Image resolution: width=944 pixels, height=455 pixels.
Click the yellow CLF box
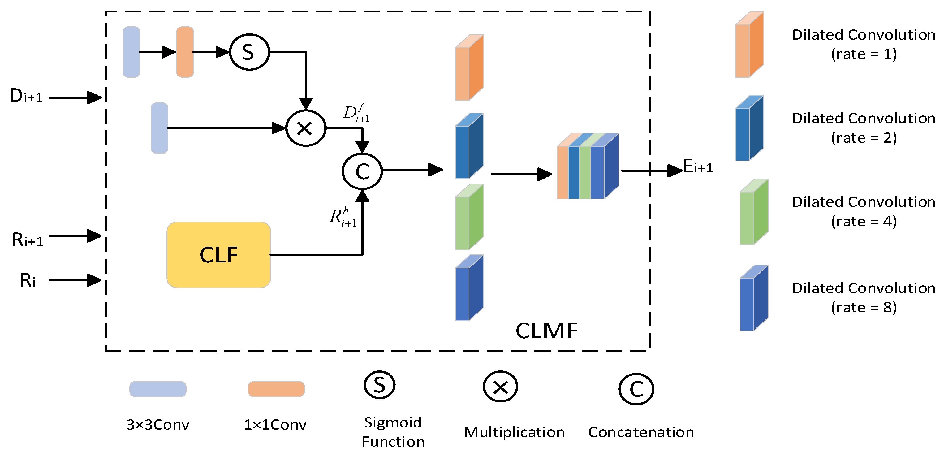click(x=218, y=254)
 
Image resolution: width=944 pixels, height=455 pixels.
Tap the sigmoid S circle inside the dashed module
click(x=249, y=52)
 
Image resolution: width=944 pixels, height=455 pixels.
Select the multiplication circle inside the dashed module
click(x=305, y=128)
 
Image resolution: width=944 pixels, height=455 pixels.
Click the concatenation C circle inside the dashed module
click(x=362, y=171)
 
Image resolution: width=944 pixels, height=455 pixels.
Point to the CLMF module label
click(x=546, y=331)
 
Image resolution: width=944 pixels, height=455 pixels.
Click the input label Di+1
click(x=26, y=96)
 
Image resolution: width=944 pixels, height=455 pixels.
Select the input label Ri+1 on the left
click(x=28, y=240)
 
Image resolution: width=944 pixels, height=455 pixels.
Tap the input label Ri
click(x=28, y=280)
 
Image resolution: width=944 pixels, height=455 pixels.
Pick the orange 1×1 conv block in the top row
click(x=185, y=52)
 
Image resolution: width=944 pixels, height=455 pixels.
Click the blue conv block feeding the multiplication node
click(x=159, y=128)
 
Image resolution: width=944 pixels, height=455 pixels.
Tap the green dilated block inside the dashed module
click(x=469, y=217)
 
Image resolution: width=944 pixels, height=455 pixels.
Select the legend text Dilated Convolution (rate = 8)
click(x=863, y=297)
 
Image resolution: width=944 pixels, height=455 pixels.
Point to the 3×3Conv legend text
click(x=157, y=425)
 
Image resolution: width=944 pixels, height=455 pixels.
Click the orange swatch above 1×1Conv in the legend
click(x=276, y=389)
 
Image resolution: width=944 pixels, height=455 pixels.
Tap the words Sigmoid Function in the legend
click(x=393, y=432)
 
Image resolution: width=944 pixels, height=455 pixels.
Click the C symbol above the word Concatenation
click(x=636, y=389)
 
